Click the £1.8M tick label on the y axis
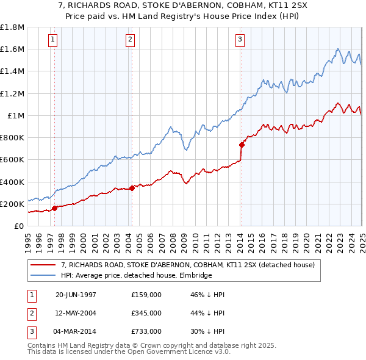(x=12, y=27)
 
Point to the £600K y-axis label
(x=12, y=160)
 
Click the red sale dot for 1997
(x=55, y=208)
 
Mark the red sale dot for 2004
(x=132, y=188)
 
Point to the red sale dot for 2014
(x=242, y=145)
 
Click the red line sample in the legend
(x=44, y=265)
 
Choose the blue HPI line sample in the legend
(x=44, y=276)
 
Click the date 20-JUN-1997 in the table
(x=76, y=295)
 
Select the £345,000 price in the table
(x=146, y=313)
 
